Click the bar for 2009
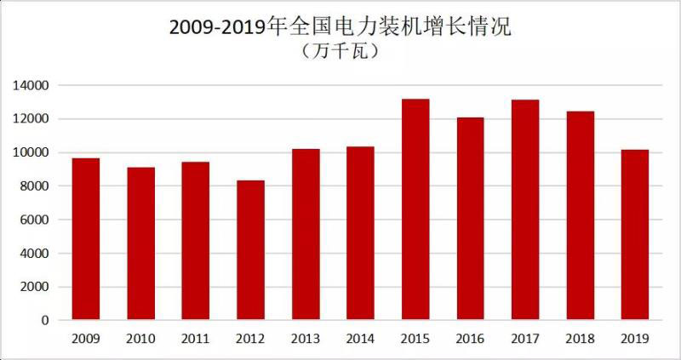point(86,239)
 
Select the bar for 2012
point(250,250)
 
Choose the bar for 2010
point(140,243)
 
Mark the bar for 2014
point(360,233)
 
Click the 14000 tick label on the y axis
point(31,86)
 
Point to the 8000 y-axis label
point(34,186)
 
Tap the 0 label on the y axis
point(46,321)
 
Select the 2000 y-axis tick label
point(34,287)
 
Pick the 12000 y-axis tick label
point(31,119)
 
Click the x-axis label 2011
point(196,339)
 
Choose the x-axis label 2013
point(306,339)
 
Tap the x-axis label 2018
point(580,339)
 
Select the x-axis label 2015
point(415,339)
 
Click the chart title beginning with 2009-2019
point(340,26)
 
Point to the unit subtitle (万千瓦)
point(340,52)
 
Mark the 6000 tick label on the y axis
point(34,220)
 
